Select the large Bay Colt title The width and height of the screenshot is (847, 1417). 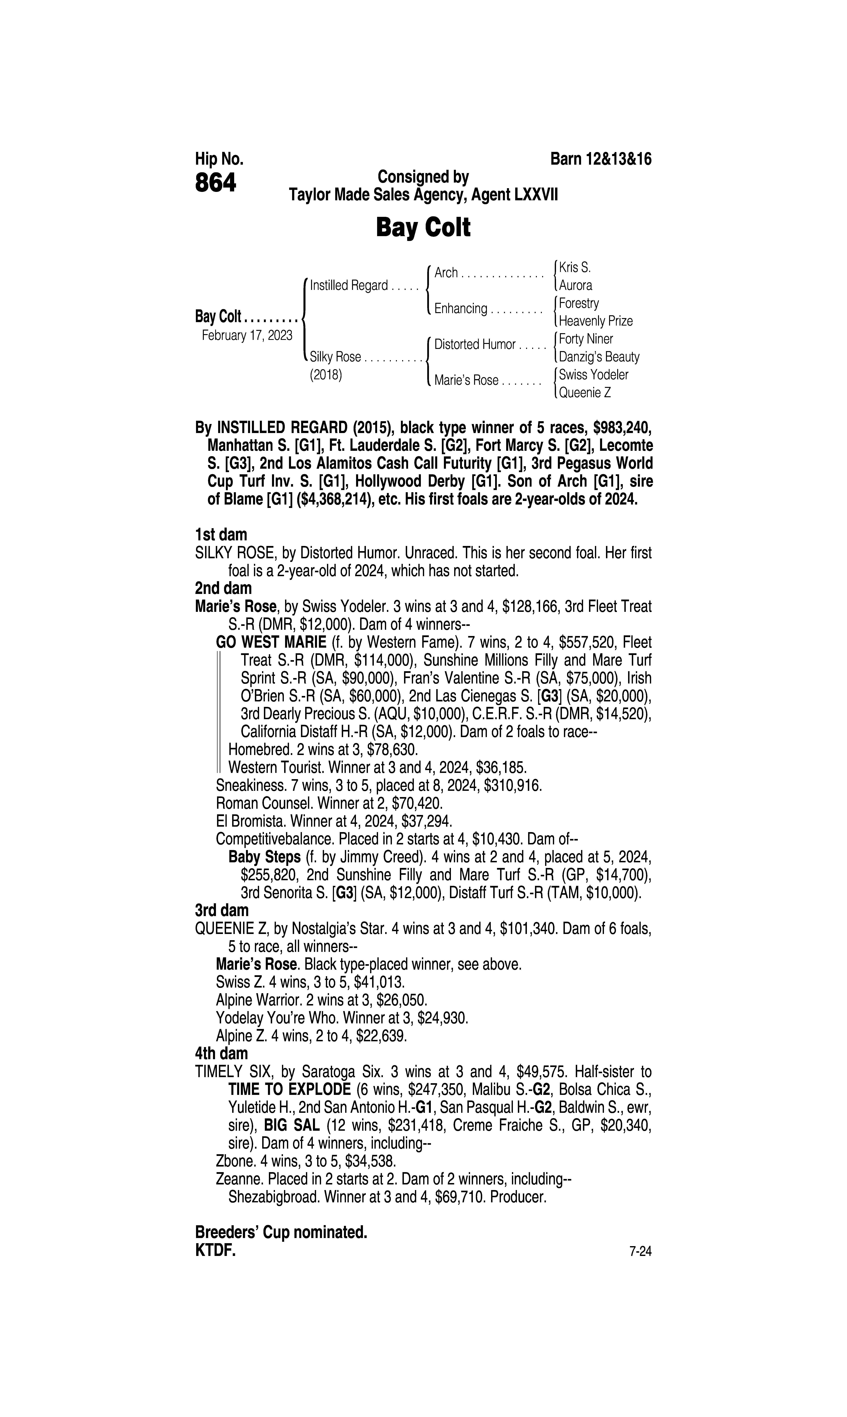[x=423, y=228]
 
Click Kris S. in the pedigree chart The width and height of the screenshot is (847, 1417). [x=575, y=267]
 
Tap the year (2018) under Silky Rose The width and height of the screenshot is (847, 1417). [x=326, y=376]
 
